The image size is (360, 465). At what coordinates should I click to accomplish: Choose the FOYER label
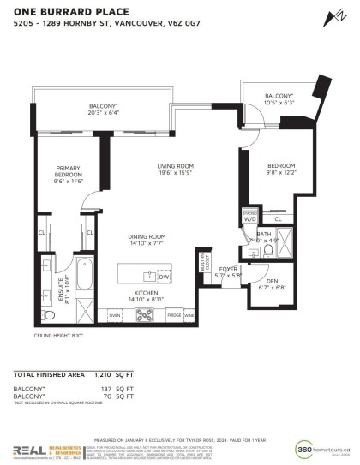pos(228,269)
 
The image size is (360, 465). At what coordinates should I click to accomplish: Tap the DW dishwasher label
pos(164,277)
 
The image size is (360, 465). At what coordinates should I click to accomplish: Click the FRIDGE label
pos(174,315)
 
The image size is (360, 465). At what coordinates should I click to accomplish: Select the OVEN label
pos(114,315)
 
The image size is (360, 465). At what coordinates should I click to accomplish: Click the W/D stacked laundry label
pos(249,218)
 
